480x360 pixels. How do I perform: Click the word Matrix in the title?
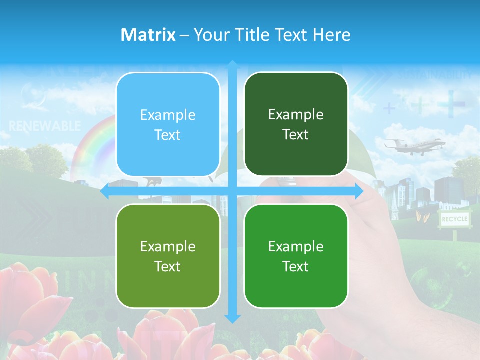(x=148, y=35)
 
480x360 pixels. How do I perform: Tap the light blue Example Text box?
(x=168, y=124)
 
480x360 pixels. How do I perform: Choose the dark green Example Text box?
(x=296, y=124)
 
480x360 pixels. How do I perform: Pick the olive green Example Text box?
(x=168, y=256)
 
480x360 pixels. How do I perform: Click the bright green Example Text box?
(x=296, y=256)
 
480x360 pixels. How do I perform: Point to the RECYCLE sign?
(x=455, y=219)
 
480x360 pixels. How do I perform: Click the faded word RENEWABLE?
(x=45, y=126)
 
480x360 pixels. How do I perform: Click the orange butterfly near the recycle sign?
(x=421, y=216)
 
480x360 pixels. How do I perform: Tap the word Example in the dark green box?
(x=296, y=114)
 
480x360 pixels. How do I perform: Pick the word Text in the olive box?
(x=168, y=266)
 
